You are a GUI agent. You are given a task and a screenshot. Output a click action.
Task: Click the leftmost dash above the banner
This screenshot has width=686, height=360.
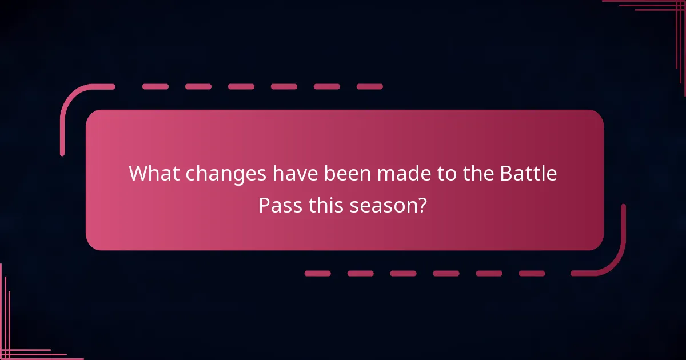155,87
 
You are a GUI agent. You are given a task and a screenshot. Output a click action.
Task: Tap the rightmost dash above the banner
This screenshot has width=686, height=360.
370,87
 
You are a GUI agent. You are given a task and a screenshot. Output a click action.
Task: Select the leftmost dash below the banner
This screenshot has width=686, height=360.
317,273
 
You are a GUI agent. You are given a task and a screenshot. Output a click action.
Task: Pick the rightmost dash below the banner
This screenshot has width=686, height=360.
532,273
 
